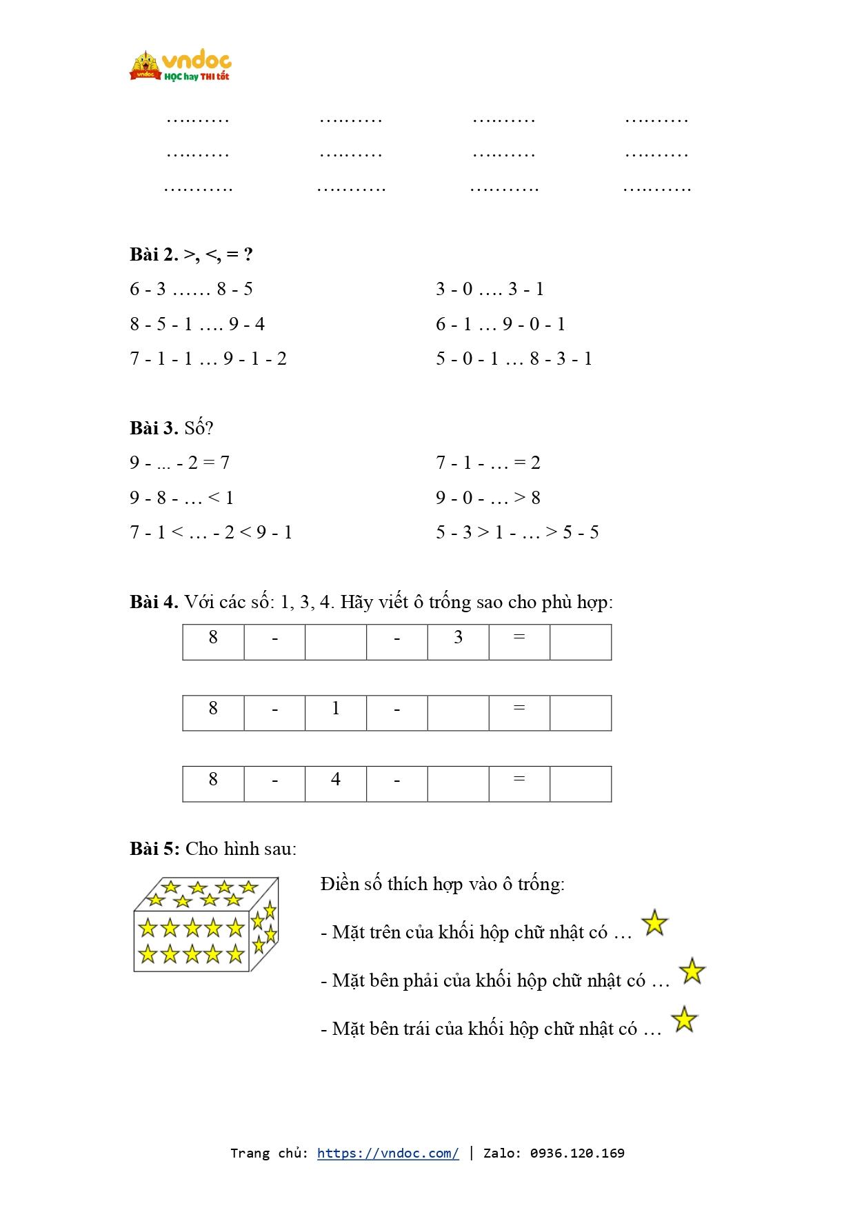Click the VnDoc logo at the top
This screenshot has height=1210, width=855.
(x=180, y=66)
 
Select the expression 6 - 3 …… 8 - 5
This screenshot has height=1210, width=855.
(x=191, y=289)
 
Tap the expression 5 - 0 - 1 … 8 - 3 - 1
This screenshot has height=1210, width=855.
(x=514, y=359)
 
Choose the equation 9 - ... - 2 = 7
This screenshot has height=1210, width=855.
(x=179, y=463)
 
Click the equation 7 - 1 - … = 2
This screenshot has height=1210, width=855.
(x=487, y=463)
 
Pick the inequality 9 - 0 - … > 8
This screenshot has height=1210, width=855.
(x=487, y=498)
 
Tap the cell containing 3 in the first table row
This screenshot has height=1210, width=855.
(x=458, y=641)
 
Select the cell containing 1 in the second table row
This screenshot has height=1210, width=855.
(x=335, y=712)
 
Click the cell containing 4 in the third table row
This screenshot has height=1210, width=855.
(x=335, y=783)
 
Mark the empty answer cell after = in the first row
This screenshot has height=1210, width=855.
(x=581, y=641)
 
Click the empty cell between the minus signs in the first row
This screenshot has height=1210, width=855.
(x=335, y=641)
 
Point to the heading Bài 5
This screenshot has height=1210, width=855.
(x=154, y=849)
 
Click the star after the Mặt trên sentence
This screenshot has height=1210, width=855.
(x=654, y=922)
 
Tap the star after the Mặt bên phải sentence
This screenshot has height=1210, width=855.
(x=692, y=971)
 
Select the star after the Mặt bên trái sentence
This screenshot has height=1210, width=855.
(x=684, y=1019)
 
